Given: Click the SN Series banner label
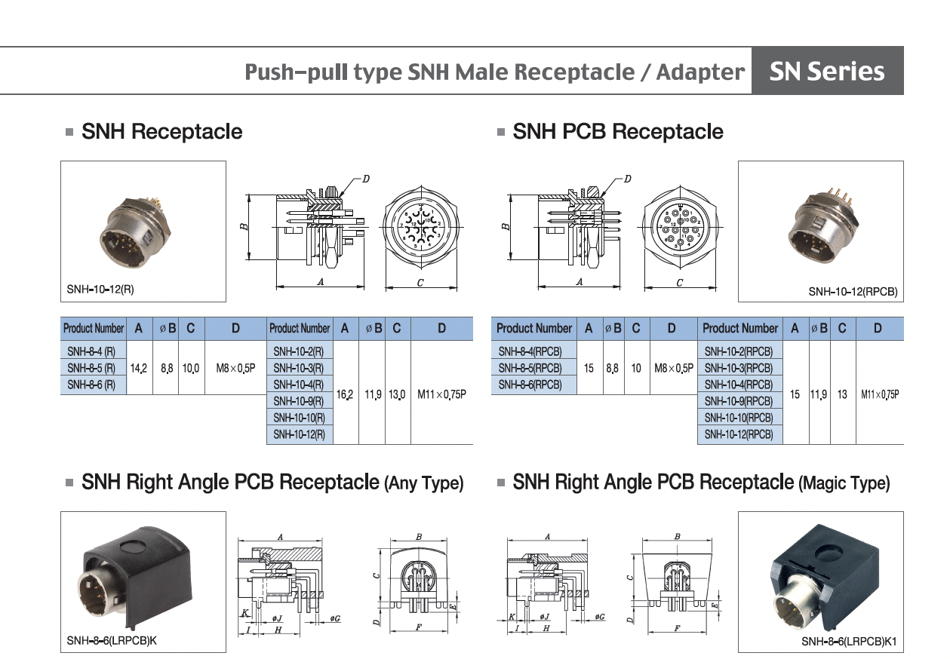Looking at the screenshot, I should (x=826, y=71).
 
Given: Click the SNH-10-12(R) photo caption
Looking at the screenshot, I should (x=100, y=289).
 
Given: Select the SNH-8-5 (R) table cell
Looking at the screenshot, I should (x=91, y=368).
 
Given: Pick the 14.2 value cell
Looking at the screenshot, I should (x=139, y=369).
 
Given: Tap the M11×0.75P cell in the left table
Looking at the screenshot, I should (x=441, y=394).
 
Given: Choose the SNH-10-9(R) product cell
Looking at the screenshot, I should (x=299, y=401).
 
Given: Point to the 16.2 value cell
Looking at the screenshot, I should (x=345, y=394).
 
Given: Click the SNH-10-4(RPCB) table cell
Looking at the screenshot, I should (x=739, y=385).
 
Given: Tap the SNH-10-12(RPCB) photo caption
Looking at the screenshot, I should (x=853, y=291).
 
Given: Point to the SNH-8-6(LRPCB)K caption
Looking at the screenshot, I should (x=112, y=641).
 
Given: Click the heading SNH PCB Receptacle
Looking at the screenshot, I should (x=617, y=132).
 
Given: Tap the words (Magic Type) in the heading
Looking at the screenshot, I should (x=844, y=483).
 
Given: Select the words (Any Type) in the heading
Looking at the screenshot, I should (x=423, y=483).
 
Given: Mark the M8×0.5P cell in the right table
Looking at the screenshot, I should (x=673, y=369).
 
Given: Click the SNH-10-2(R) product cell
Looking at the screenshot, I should (x=299, y=351).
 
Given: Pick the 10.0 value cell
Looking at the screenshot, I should (x=191, y=369).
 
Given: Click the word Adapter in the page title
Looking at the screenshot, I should (x=700, y=72).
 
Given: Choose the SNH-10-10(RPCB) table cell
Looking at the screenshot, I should (x=739, y=418).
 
